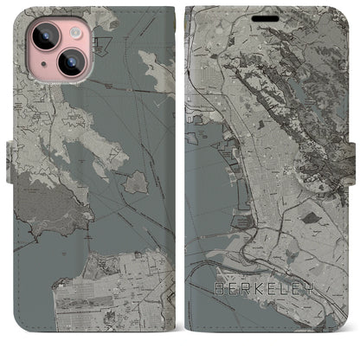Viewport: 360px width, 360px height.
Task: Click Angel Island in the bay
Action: [136, 182]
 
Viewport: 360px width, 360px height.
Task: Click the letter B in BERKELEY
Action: [215, 307]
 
